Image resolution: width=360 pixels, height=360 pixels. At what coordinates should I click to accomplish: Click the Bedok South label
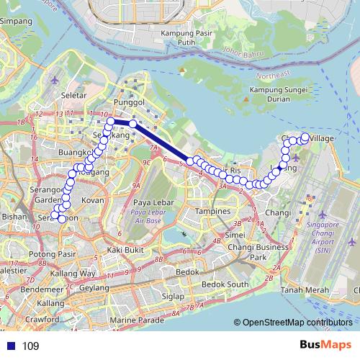225,285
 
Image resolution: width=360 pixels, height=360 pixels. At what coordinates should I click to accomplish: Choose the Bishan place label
14,216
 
